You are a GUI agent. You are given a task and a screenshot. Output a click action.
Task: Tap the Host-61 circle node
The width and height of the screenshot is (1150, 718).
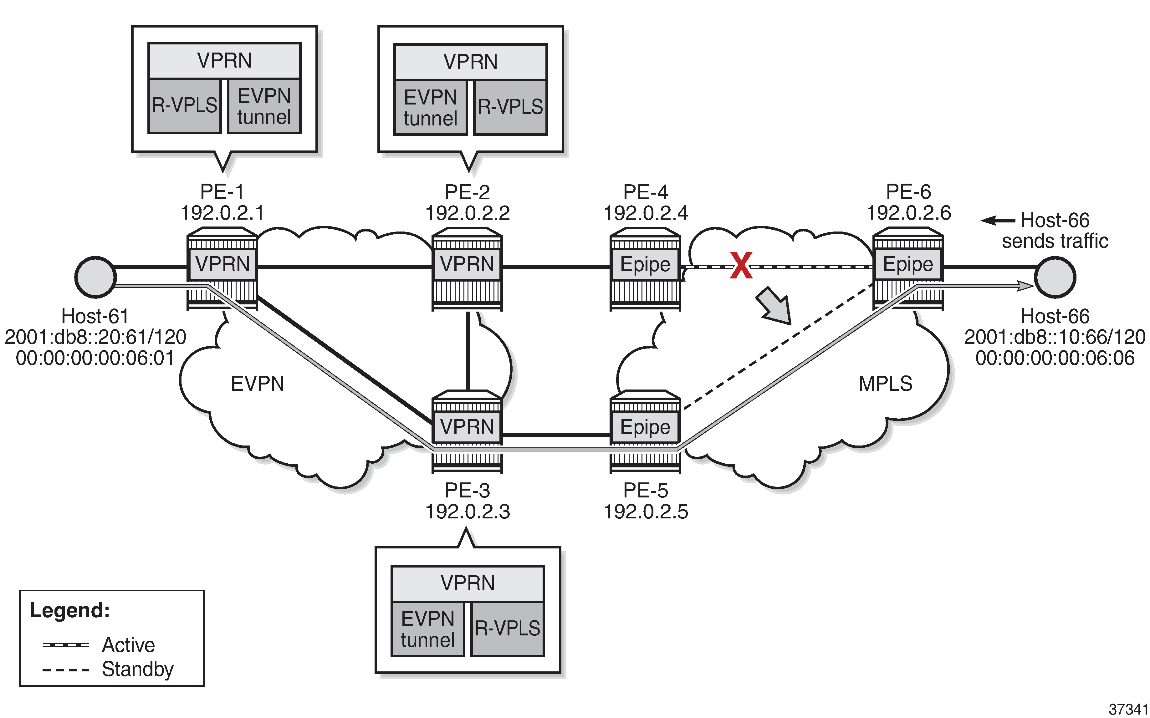pos(95,277)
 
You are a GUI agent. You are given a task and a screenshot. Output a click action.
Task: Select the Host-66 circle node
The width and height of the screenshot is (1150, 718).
pos(1055,277)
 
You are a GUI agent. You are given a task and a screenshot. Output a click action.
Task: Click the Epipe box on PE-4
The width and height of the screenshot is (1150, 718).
pos(645,264)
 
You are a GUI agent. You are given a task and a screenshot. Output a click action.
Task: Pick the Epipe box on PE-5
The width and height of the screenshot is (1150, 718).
pos(645,427)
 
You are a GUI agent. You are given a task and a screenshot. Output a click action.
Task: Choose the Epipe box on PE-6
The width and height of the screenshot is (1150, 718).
pos(908,264)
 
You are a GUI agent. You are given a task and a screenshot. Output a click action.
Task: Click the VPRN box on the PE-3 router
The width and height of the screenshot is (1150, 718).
pos(467,426)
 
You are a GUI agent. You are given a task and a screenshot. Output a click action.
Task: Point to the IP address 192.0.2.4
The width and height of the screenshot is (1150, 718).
pos(646,213)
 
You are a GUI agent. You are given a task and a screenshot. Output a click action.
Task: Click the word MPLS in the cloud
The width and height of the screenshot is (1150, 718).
pos(885,383)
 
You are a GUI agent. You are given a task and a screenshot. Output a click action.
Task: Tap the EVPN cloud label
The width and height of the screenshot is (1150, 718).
pos(258,383)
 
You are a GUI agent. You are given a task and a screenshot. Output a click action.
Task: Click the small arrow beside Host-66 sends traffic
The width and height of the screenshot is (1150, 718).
pos(998,220)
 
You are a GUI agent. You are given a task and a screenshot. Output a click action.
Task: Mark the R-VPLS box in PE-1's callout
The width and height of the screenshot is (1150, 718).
pos(184,106)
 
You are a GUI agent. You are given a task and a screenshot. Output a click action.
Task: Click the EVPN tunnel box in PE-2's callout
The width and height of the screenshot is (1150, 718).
pos(430,108)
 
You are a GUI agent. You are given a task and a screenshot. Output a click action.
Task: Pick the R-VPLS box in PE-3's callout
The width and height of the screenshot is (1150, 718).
pos(507,629)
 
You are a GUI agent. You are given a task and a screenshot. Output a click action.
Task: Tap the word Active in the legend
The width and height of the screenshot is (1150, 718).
pos(128,645)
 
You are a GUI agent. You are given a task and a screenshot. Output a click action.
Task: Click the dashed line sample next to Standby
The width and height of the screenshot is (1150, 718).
pos(65,670)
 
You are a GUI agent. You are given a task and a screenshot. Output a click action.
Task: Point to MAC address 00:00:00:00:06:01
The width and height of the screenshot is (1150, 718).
pos(95,358)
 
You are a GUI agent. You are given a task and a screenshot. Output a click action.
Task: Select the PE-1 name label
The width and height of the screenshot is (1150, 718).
pos(222,192)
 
